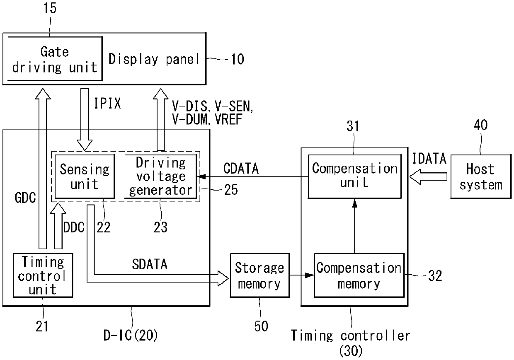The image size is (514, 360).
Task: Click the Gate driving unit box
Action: tap(55, 59)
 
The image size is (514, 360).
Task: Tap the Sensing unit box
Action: tap(85, 176)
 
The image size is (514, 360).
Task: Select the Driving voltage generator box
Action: tap(161, 176)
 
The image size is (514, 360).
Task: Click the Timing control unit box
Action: tap(43, 275)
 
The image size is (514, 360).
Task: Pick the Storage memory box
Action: tap(260, 275)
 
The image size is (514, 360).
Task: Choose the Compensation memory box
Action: tap(359, 275)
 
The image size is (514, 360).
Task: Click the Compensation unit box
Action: tap(354, 176)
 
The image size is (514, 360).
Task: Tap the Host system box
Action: tap(481, 176)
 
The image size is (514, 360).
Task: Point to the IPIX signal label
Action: tap(107, 103)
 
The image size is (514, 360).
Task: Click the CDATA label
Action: tap(241, 169)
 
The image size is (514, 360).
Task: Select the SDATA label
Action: tap(150, 264)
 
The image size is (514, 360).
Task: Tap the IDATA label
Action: tap(429, 158)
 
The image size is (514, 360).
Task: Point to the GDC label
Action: tap(25, 198)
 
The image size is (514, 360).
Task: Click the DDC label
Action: tap(74, 227)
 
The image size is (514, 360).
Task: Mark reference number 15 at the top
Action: tap(50, 8)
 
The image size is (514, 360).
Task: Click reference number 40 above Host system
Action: tap(481, 125)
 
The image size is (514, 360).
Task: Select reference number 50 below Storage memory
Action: tap(261, 326)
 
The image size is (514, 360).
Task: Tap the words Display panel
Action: tap(154, 59)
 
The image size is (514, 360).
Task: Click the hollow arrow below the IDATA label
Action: tap(428, 176)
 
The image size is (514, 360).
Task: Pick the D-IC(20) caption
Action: tap(131, 335)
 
